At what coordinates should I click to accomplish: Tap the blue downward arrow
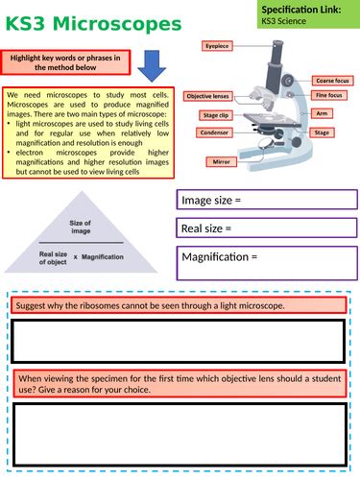click(152, 65)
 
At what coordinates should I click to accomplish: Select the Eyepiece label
click(217, 45)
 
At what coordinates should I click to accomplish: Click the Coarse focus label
click(333, 81)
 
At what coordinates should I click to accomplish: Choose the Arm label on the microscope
click(322, 113)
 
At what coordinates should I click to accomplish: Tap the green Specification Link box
click(306, 13)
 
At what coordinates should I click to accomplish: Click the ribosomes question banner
click(178, 305)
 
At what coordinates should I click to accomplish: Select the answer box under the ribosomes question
click(178, 339)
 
